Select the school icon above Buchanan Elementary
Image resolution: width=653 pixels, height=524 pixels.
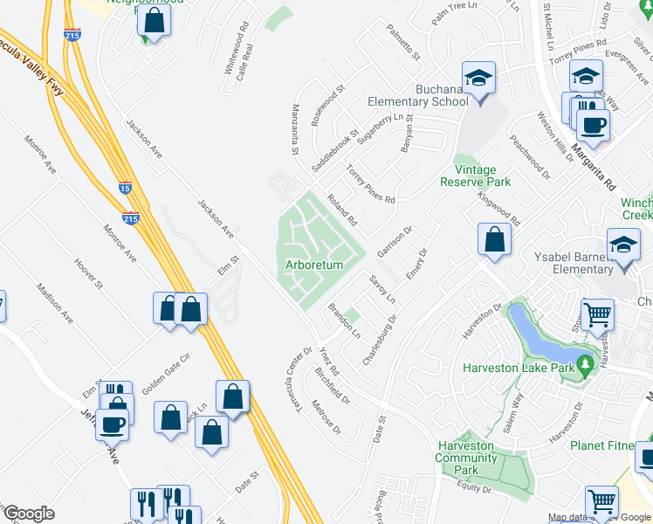point(478,79)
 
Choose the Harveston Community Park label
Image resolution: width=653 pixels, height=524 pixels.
point(466,458)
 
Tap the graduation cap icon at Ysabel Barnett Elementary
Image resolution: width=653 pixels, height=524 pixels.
point(623,245)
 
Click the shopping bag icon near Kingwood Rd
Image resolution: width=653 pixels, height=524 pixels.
point(494,240)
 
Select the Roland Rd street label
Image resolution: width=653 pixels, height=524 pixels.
point(342,206)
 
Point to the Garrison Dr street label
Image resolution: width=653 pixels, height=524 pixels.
point(395,242)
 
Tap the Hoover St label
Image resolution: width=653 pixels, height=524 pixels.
point(89,273)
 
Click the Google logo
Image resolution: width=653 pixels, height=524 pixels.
point(29,514)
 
